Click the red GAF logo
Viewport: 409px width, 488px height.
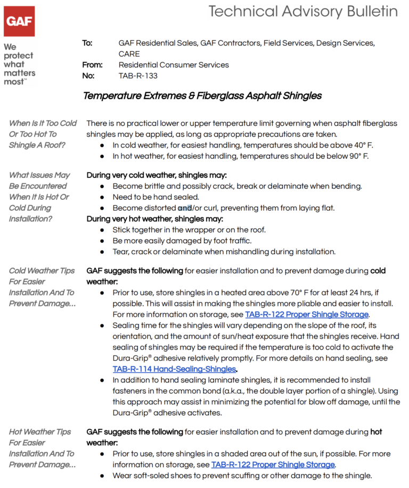tap(20, 21)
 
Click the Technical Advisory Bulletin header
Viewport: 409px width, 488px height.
tap(303, 11)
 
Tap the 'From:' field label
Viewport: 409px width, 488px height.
tap(92, 65)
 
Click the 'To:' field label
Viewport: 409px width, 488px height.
tap(87, 43)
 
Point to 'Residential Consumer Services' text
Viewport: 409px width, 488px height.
tap(174, 65)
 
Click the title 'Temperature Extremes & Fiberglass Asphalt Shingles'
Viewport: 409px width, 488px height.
tap(202, 96)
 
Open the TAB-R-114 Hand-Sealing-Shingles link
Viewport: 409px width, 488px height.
tap(174, 369)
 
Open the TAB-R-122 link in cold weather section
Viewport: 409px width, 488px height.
tap(306, 314)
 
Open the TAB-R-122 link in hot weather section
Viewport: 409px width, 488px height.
tap(273, 465)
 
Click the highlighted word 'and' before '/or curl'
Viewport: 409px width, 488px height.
tap(184, 208)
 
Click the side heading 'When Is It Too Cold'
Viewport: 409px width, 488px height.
tap(43, 124)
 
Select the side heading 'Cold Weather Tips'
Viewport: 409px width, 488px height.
tap(42, 271)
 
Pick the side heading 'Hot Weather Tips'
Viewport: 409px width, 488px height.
tap(40, 432)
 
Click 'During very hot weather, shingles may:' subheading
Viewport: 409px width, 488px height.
tap(155, 219)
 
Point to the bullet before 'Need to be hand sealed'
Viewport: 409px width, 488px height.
tap(102, 197)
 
